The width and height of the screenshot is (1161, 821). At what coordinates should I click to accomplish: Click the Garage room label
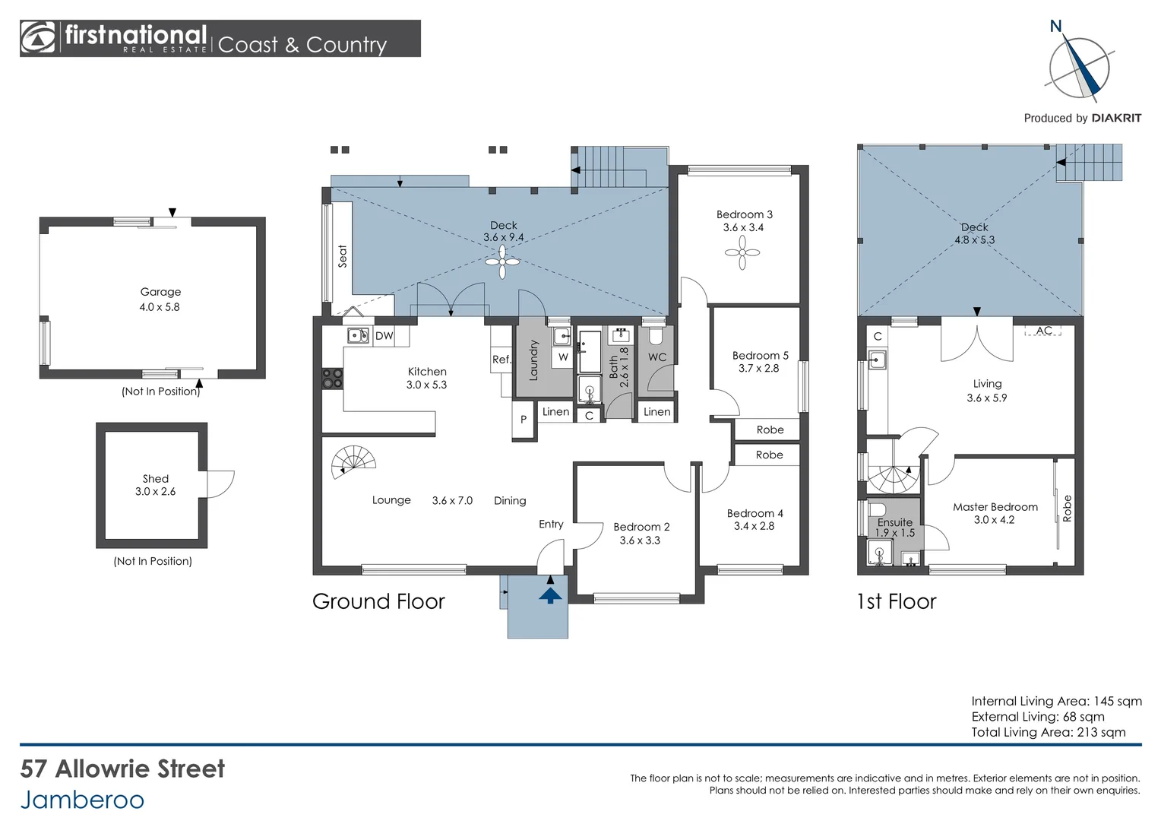click(160, 292)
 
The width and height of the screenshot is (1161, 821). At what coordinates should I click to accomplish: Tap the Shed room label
click(156, 479)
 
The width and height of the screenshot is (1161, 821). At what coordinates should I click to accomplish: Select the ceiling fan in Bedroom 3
click(742, 253)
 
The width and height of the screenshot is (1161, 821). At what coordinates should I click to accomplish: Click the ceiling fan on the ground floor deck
click(502, 262)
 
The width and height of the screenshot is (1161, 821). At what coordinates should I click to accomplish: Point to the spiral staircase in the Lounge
click(353, 461)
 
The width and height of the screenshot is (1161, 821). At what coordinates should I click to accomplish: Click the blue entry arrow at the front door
click(550, 595)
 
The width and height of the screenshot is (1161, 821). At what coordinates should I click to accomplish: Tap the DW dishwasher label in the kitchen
click(384, 336)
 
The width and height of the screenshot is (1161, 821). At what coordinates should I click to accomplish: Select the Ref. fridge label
click(501, 360)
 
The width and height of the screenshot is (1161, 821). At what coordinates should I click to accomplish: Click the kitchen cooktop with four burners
click(332, 379)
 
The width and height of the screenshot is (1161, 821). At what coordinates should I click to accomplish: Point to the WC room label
click(656, 357)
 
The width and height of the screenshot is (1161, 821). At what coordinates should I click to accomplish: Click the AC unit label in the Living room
click(1044, 331)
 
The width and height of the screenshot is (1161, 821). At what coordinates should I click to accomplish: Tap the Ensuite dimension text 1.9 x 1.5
click(895, 533)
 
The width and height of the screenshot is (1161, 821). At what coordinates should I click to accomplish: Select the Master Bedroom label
click(995, 507)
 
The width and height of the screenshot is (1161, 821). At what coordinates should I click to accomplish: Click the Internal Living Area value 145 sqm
click(1118, 701)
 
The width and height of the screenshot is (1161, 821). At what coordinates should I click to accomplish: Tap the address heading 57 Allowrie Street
click(122, 769)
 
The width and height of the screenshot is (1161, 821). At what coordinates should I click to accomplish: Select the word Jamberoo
click(82, 800)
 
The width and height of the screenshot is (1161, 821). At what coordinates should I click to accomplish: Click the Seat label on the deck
click(342, 256)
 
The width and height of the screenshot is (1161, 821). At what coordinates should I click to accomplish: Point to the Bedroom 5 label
click(760, 356)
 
